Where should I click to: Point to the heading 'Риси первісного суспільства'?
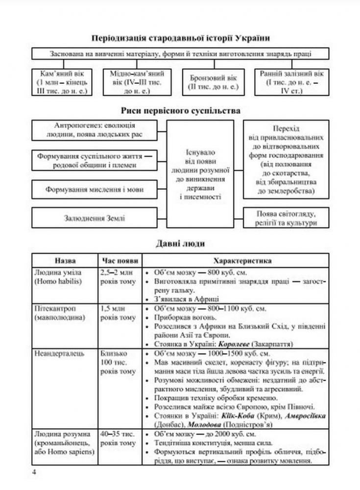[x=180, y=111]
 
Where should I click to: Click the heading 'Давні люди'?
[x=180, y=243]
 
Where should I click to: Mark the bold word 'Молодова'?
[x=191, y=423]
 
